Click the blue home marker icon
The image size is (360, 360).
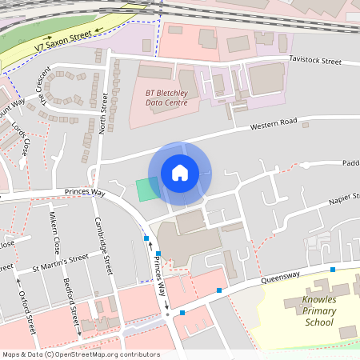(x=180, y=172)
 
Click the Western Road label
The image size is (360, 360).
(x=273, y=124)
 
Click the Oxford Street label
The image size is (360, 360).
(x=26, y=308)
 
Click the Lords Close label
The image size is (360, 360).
(x=23, y=138)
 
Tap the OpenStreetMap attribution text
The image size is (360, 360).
(x=80, y=354)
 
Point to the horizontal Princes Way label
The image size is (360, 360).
(x=83, y=194)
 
